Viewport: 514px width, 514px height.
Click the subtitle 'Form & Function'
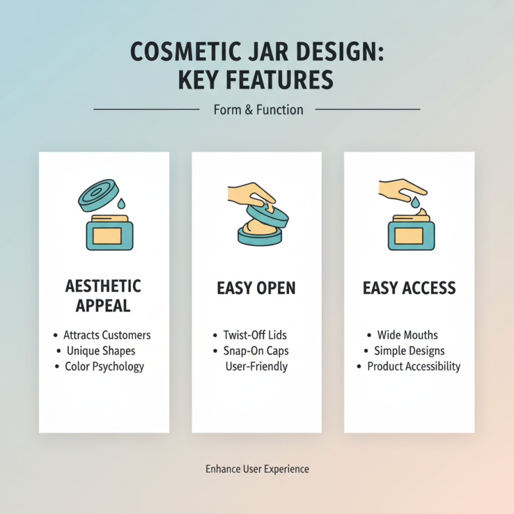click(x=258, y=110)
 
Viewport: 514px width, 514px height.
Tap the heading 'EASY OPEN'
click(x=256, y=288)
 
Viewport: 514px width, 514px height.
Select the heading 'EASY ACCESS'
click(x=409, y=288)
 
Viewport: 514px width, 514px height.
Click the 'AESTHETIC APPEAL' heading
click(x=103, y=296)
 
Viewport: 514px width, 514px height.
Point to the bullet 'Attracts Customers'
click(x=107, y=335)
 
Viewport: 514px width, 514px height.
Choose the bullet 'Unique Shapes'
click(x=101, y=351)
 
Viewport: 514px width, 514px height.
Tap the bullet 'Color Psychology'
click(x=104, y=367)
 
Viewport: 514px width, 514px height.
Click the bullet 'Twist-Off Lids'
click(x=254, y=335)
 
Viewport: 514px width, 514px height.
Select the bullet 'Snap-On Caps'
click(x=256, y=351)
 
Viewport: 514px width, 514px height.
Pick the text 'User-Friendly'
click(x=256, y=367)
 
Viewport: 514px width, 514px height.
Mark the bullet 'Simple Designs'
click(x=409, y=351)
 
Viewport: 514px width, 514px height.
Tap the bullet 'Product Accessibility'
click(x=413, y=367)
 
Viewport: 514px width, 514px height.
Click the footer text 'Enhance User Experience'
click(x=257, y=469)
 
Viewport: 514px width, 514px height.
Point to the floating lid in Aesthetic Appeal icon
click(x=99, y=194)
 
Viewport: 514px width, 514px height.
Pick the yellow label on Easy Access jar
click(x=409, y=236)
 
